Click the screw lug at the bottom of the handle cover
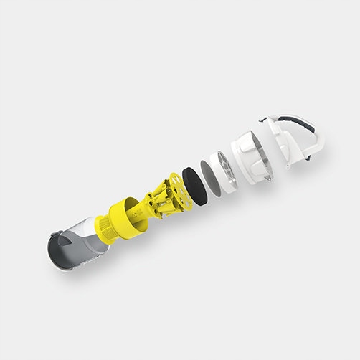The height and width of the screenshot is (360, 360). [289, 166]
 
